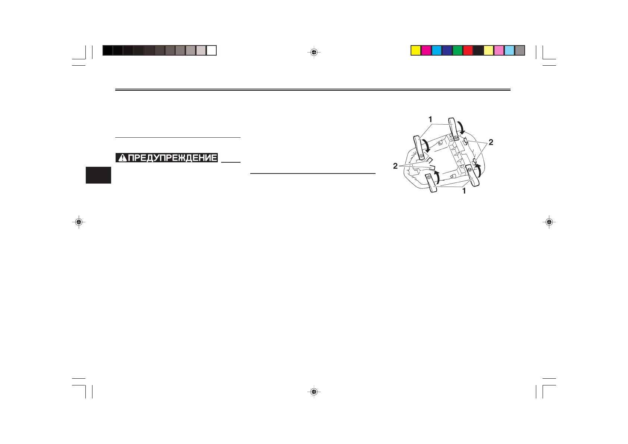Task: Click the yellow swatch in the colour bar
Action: (416, 50)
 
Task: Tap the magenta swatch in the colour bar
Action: (426, 50)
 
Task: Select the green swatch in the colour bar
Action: (458, 50)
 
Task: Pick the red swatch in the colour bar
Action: (468, 50)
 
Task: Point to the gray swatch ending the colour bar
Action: (520, 50)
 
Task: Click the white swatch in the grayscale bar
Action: (211, 50)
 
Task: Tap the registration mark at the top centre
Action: (314, 52)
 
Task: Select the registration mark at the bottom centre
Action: (314, 391)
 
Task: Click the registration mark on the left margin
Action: (79, 222)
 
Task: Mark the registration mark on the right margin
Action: (549, 222)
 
